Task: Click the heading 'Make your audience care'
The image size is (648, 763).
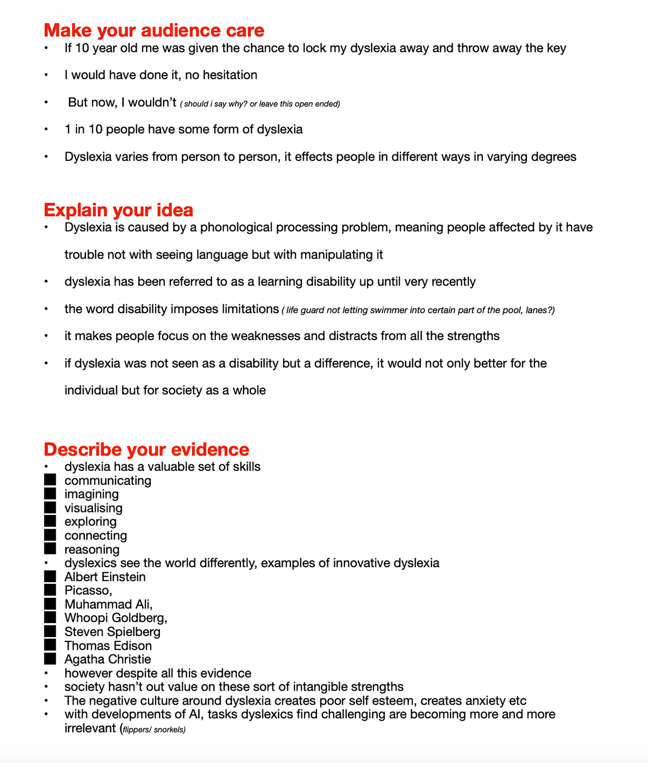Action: coord(154,30)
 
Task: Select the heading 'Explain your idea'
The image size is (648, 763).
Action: coord(118,210)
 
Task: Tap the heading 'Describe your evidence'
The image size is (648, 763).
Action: coord(146,449)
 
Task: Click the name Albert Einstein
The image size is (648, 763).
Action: coord(105,577)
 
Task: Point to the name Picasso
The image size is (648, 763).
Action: coord(88,591)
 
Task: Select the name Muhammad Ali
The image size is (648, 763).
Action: coord(108,604)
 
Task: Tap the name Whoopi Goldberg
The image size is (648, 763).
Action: coord(116,618)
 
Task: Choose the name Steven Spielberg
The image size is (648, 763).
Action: coord(112,632)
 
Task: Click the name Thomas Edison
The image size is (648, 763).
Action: coord(108,646)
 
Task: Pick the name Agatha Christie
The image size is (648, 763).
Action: coord(107,659)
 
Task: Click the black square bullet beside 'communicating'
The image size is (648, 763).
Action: coord(50,480)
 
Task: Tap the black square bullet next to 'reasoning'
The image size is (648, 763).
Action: coord(50,549)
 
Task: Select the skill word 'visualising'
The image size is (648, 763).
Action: coord(93,508)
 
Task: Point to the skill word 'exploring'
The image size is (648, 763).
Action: coord(90,522)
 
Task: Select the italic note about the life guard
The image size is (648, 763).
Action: coord(418,310)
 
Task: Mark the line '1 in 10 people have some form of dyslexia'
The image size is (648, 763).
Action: coord(184,130)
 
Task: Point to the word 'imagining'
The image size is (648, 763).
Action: coord(91,494)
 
